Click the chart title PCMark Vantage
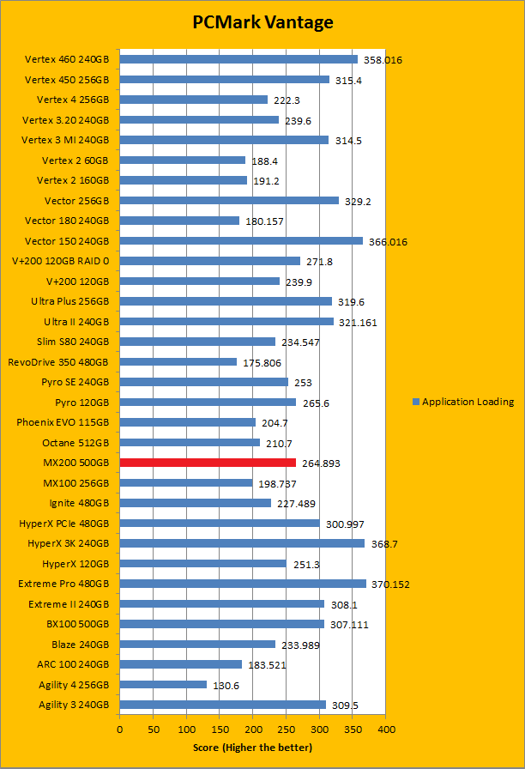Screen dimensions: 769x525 pyautogui.click(x=262, y=21)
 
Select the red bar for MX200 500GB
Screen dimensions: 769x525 pyautogui.click(x=208, y=463)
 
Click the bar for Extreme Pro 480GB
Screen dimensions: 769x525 pyautogui.click(x=243, y=584)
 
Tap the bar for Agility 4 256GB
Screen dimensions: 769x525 pyautogui.click(x=163, y=684)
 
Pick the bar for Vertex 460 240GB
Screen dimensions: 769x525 pyautogui.click(x=238, y=59)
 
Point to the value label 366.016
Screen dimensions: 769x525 pyautogui.click(x=388, y=242)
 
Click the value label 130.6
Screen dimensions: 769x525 pyautogui.click(x=226, y=685)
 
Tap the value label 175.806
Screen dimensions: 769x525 pyautogui.click(x=264, y=363)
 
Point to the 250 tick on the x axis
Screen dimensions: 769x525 pyautogui.click(x=287, y=730)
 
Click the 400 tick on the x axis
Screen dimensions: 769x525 pyautogui.click(x=386, y=730)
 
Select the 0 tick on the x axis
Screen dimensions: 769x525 pyautogui.click(x=120, y=730)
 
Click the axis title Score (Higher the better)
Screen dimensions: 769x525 pyautogui.click(x=252, y=748)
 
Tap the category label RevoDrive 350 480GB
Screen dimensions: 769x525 pyautogui.click(x=58, y=362)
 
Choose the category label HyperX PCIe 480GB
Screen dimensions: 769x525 pyautogui.click(x=64, y=523)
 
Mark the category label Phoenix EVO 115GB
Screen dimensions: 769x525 pyautogui.click(x=63, y=422)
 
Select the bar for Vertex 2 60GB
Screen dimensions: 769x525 pyautogui.click(x=183, y=160)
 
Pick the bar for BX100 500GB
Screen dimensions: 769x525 pyautogui.click(x=222, y=624)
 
